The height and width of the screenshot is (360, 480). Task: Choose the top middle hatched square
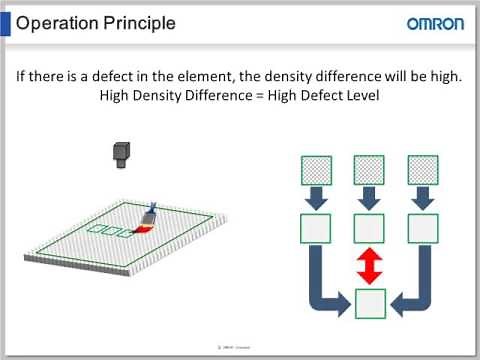point(369,169)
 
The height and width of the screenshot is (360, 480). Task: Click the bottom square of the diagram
point(370,300)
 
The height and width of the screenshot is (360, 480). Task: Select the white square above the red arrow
point(369,229)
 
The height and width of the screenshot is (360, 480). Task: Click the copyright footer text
point(240,347)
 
